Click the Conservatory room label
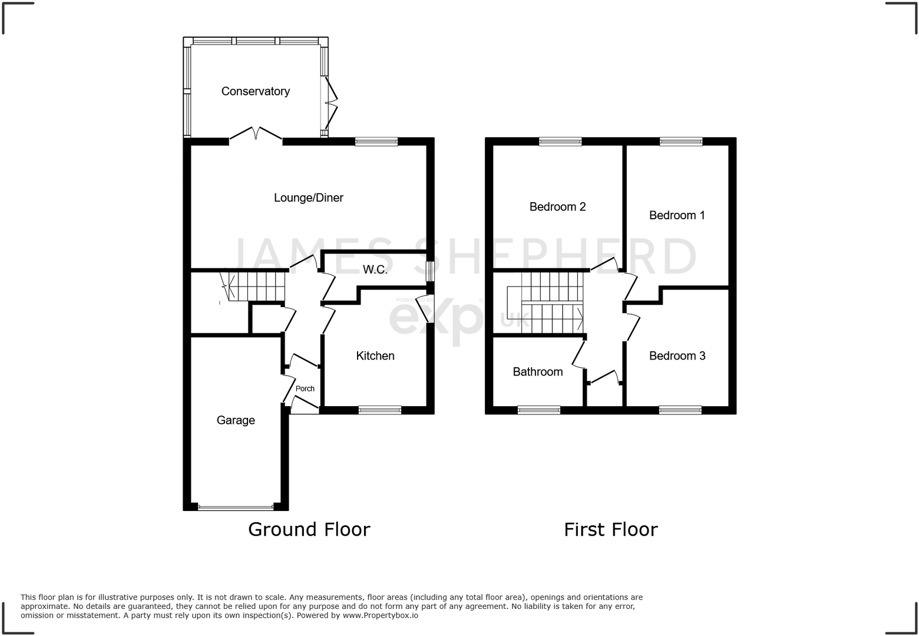[255, 91]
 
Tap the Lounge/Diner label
[308, 198]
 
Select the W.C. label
[375, 270]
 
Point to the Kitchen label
[375, 356]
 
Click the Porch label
[305, 389]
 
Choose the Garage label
[236, 420]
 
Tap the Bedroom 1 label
[677, 216]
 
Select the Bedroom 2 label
[557, 207]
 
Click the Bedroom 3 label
[677, 356]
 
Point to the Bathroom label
[537, 372]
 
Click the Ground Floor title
[309, 529]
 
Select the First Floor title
[610, 529]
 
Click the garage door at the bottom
[236, 506]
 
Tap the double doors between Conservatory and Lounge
[256, 135]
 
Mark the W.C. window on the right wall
[430, 271]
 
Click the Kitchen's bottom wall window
[380, 410]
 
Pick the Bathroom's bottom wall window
[538, 410]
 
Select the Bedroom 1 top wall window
[681, 141]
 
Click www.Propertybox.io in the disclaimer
[381, 615]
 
